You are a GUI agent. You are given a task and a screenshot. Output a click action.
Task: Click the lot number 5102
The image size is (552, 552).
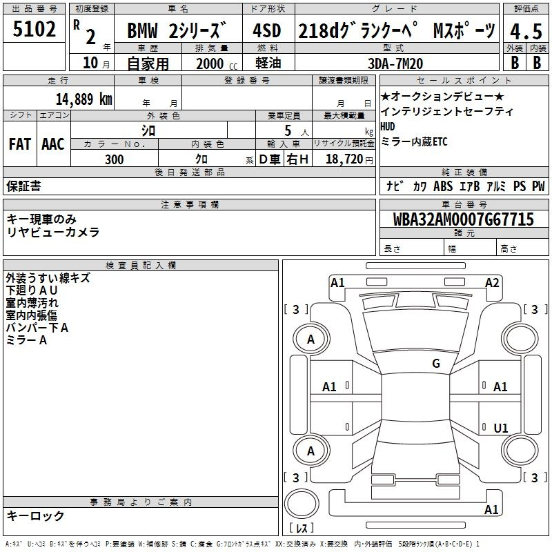(x=34, y=30)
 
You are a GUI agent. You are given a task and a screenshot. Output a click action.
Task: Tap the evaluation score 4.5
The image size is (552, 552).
(x=525, y=32)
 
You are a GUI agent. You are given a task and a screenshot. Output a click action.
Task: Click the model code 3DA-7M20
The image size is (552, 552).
(x=396, y=63)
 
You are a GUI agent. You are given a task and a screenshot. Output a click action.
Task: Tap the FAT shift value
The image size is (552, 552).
(x=19, y=144)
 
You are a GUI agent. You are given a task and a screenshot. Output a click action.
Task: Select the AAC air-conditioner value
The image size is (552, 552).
(x=53, y=144)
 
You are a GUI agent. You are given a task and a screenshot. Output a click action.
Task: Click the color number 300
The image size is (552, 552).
(x=115, y=160)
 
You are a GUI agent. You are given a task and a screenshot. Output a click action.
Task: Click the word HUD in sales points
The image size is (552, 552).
(x=388, y=126)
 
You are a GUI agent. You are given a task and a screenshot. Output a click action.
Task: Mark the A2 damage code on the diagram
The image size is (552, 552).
(x=492, y=282)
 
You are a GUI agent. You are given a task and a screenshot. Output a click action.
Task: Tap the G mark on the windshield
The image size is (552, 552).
(x=436, y=364)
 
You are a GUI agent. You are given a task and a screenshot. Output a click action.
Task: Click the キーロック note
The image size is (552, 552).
(x=36, y=515)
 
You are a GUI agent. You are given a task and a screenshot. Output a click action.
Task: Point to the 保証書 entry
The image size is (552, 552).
(x=23, y=186)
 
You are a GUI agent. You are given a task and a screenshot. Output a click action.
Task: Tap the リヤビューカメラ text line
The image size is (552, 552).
(x=53, y=233)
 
